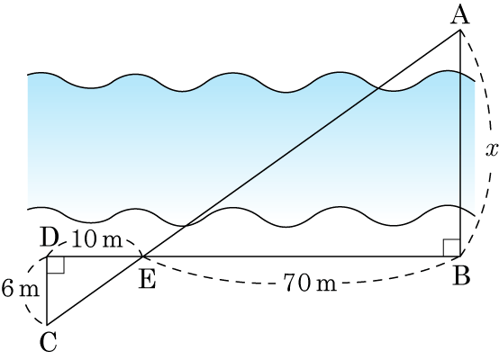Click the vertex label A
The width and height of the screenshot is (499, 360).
coord(460,15)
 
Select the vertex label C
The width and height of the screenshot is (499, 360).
coord(49,341)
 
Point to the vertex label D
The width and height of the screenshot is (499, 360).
coord(50,238)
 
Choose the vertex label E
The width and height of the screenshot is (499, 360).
coord(148,280)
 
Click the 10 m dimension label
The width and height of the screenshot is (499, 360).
coord(97,240)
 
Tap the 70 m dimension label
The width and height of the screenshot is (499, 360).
coord(310,283)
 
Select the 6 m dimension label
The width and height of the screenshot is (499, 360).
coord(21,289)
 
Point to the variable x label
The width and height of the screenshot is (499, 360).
coord(492,149)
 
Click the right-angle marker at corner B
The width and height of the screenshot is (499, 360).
coord(452,247)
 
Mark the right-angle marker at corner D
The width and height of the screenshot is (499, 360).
coord(56,265)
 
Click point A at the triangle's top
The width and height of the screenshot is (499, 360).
coord(460,30)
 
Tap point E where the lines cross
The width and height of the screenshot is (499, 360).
coord(142,256)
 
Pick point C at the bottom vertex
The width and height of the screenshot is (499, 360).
coord(47,325)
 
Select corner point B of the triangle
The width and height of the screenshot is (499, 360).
coord(460,256)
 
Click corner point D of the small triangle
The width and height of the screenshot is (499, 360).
coord(48,256)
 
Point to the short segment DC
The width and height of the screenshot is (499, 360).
coord(47,291)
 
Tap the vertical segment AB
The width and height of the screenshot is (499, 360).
coord(460,143)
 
